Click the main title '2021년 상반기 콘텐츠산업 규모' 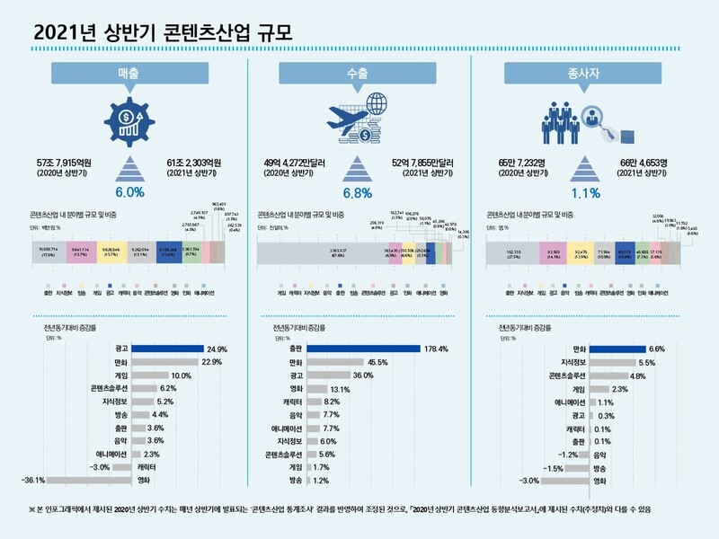(162, 31)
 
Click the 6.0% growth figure (129, 192)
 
